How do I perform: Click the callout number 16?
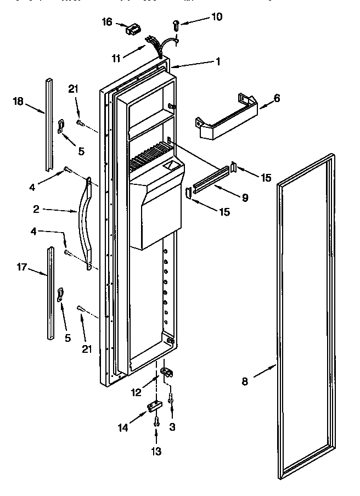tap(107, 22)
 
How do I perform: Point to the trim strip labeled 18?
tap(48, 123)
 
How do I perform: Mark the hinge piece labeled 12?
tap(169, 373)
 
